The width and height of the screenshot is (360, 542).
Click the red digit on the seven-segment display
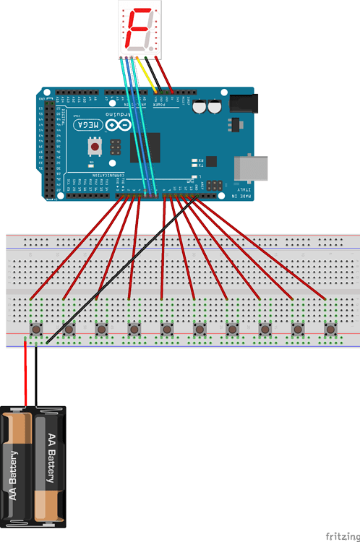click(x=139, y=28)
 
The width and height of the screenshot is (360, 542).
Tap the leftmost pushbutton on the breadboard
click(x=35, y=330)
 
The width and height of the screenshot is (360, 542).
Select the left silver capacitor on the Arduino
click(x=201, y=107)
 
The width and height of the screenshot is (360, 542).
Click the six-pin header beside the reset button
click(x=114, y=147)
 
